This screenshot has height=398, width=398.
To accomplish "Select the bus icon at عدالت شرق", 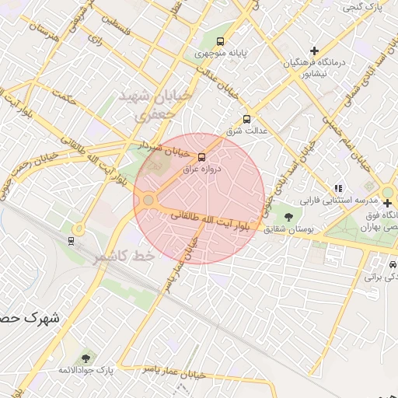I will [x=246, y=119].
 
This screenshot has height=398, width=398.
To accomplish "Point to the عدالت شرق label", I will [x=246, y=131].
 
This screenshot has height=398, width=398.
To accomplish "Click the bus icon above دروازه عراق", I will [x=203, y=156].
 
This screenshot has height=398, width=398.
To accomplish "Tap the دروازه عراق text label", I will [x=201, y=169].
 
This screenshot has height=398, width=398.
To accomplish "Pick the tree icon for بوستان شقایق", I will [x=289, y=216].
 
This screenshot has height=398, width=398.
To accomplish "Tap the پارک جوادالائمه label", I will [x=86, y=370].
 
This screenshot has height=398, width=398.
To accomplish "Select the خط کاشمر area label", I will [x=120, y=256].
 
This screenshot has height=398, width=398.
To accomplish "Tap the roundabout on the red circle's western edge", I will [x=148, y=201].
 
